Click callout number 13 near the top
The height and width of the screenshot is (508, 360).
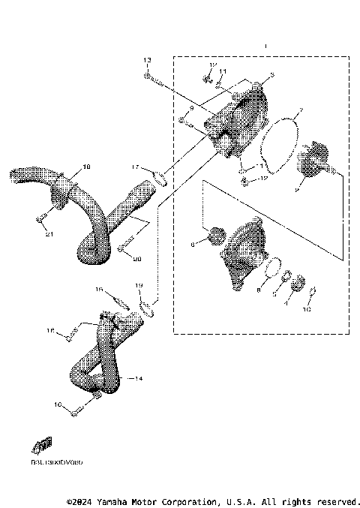click(147, 59)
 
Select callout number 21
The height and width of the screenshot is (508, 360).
click(50, 234)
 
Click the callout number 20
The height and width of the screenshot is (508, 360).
click(136, 260)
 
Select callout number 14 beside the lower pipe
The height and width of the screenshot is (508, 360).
click(134, 380)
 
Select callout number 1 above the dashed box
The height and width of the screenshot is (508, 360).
click(265, 47)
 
